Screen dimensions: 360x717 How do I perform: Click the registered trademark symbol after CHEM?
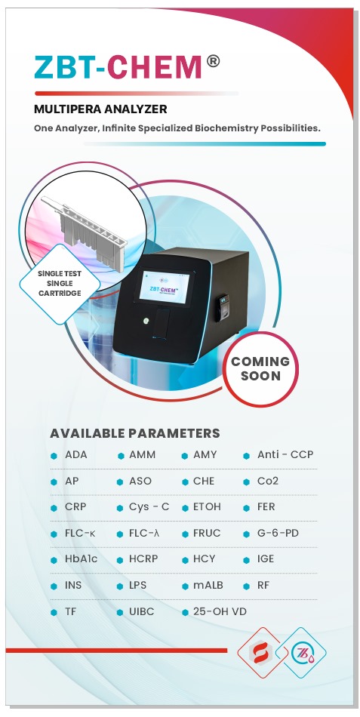tap(213, 62)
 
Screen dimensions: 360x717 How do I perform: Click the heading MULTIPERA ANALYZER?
tap(100, 109)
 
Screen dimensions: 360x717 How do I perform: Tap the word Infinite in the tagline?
tap(119, 128)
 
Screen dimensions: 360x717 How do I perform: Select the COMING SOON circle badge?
tap(260, 369)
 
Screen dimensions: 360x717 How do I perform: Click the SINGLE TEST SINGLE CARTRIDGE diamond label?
tap(60, 284)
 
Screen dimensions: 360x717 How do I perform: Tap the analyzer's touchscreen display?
tap(165, 288)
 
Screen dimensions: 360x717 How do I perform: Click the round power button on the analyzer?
tap(146, 321)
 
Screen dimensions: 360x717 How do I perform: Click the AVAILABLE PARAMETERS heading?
tap(135, 433)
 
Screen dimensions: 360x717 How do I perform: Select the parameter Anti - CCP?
tap(285, 455)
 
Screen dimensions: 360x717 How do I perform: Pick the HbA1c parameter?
tap(81, 559)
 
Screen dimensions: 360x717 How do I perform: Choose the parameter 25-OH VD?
tap(220, 611)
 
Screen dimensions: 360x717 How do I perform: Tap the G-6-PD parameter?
tap(278, 533)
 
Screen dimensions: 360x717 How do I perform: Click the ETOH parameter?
tap(207, 506)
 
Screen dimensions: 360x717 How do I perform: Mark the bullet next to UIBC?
tap(120, 612)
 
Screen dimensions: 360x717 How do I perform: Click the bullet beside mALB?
tap(185, 586)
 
